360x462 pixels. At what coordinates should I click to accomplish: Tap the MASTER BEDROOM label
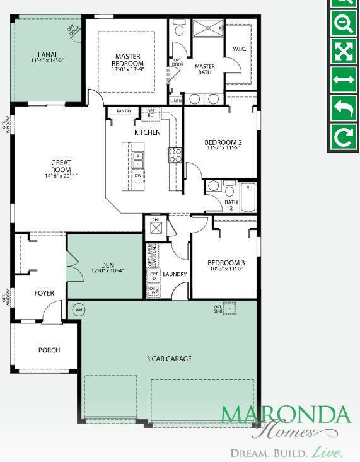click(x=128, y=59)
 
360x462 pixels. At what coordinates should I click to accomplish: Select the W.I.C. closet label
click(x=240, y=49)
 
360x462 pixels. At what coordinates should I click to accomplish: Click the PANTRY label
click(x=124, y=112)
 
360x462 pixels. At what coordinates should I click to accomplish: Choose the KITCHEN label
click(x=148, y=133)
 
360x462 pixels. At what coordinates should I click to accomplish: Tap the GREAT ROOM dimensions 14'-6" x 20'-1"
click(x=61, y=176)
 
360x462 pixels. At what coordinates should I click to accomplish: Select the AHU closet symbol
click(x=156, y=227)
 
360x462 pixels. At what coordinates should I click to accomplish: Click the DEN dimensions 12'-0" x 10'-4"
click(x=107, y=271)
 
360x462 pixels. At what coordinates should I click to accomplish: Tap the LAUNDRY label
click(x=175, y=274)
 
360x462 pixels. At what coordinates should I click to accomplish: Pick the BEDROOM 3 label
click(x=226, y=262)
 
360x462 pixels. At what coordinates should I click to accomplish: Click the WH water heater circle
click(x=79, y=309)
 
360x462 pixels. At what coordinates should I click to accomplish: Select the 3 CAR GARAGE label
click(x=169, y=359)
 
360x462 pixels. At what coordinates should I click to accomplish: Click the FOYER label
click(x=44, y=293)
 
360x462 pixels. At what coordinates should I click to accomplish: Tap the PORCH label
click(x=49, y=350)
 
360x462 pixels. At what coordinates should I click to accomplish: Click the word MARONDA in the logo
click(x=285, y=415)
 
